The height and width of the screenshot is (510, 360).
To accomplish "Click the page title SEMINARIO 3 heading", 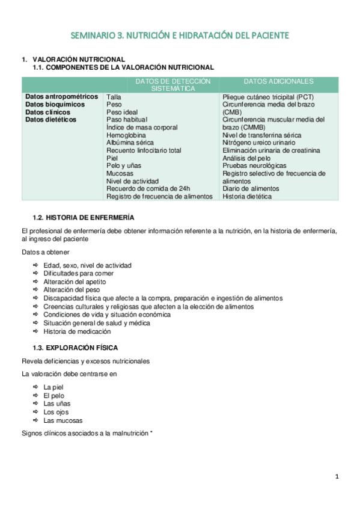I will click(x=180, y=36).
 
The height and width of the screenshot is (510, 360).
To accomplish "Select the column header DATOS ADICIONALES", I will click(x=278, y=81).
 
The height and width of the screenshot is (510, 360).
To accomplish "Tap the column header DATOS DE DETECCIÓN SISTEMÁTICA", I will click(x=173, y=84).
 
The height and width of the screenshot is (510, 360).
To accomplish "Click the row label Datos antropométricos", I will click(x=61, y=96).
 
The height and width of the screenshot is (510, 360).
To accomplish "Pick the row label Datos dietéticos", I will click(x=51, y=119).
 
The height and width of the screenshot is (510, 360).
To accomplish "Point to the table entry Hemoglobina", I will click(x=126, y=135).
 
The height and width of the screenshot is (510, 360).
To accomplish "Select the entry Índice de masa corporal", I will click(x=142, y=127).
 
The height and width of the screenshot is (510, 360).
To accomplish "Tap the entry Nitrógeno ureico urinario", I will click(x=258, y=143).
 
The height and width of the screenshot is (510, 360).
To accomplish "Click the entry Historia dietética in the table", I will click(x=246, y=196).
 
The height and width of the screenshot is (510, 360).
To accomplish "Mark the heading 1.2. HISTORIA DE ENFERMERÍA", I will click(x=83, y=217).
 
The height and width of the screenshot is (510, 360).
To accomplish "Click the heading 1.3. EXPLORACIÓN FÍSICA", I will click(x=75, y=348).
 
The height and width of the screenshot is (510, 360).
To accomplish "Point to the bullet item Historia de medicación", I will click(x=77, y=331).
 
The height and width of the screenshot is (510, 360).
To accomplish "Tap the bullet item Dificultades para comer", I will click(x=78, y=273).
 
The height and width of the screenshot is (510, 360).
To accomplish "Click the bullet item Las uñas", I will click(x=58, y=404).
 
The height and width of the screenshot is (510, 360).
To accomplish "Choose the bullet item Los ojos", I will click(x=56, y=412).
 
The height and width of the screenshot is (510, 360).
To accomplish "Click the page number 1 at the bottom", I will click(x=338, y=477).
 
